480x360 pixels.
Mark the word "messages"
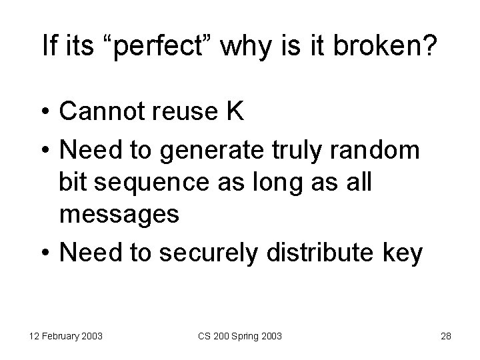point(119,215)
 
